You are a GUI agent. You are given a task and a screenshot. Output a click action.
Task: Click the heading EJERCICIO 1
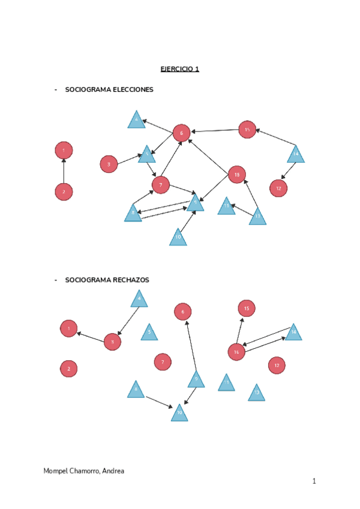[x=179, y=69]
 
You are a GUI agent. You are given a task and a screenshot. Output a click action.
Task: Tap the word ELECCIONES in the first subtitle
[x=133, y=89]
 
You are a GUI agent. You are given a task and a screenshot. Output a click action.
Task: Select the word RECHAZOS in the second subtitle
[x=129, y=280]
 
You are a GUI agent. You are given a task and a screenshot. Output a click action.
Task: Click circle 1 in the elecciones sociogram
[x=64, y=150]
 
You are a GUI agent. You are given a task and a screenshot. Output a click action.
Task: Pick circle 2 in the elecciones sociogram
[x=64, y=191]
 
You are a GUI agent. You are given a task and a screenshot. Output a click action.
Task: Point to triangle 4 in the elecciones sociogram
[x=137, y=121]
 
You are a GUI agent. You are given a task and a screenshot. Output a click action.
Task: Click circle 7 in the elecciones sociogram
[x=160, y=185]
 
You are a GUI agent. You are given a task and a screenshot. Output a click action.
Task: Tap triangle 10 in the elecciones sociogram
[x=178, y=238]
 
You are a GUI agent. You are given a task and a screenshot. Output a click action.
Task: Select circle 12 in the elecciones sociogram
[x=278, y=188]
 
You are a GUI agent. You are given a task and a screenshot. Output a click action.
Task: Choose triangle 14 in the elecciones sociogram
[x=295, y=155]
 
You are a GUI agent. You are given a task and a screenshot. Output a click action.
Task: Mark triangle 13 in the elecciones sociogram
[x=257, y=216]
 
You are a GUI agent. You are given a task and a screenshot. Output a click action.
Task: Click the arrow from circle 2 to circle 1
[x=64, y=171]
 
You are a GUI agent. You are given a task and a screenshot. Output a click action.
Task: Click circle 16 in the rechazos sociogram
[x=236, y=352]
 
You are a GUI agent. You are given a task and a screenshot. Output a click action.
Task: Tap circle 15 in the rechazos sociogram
[x=246, y=309]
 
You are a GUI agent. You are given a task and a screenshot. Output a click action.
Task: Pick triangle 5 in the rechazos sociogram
[x=149, y=333]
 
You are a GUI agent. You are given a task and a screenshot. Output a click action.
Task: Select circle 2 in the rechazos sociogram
[x=69, y=369]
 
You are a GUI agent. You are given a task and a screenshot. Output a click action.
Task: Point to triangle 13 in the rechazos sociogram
[x=256, y=394]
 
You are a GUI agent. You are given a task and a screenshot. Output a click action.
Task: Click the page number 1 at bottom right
[x=313, y=481]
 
